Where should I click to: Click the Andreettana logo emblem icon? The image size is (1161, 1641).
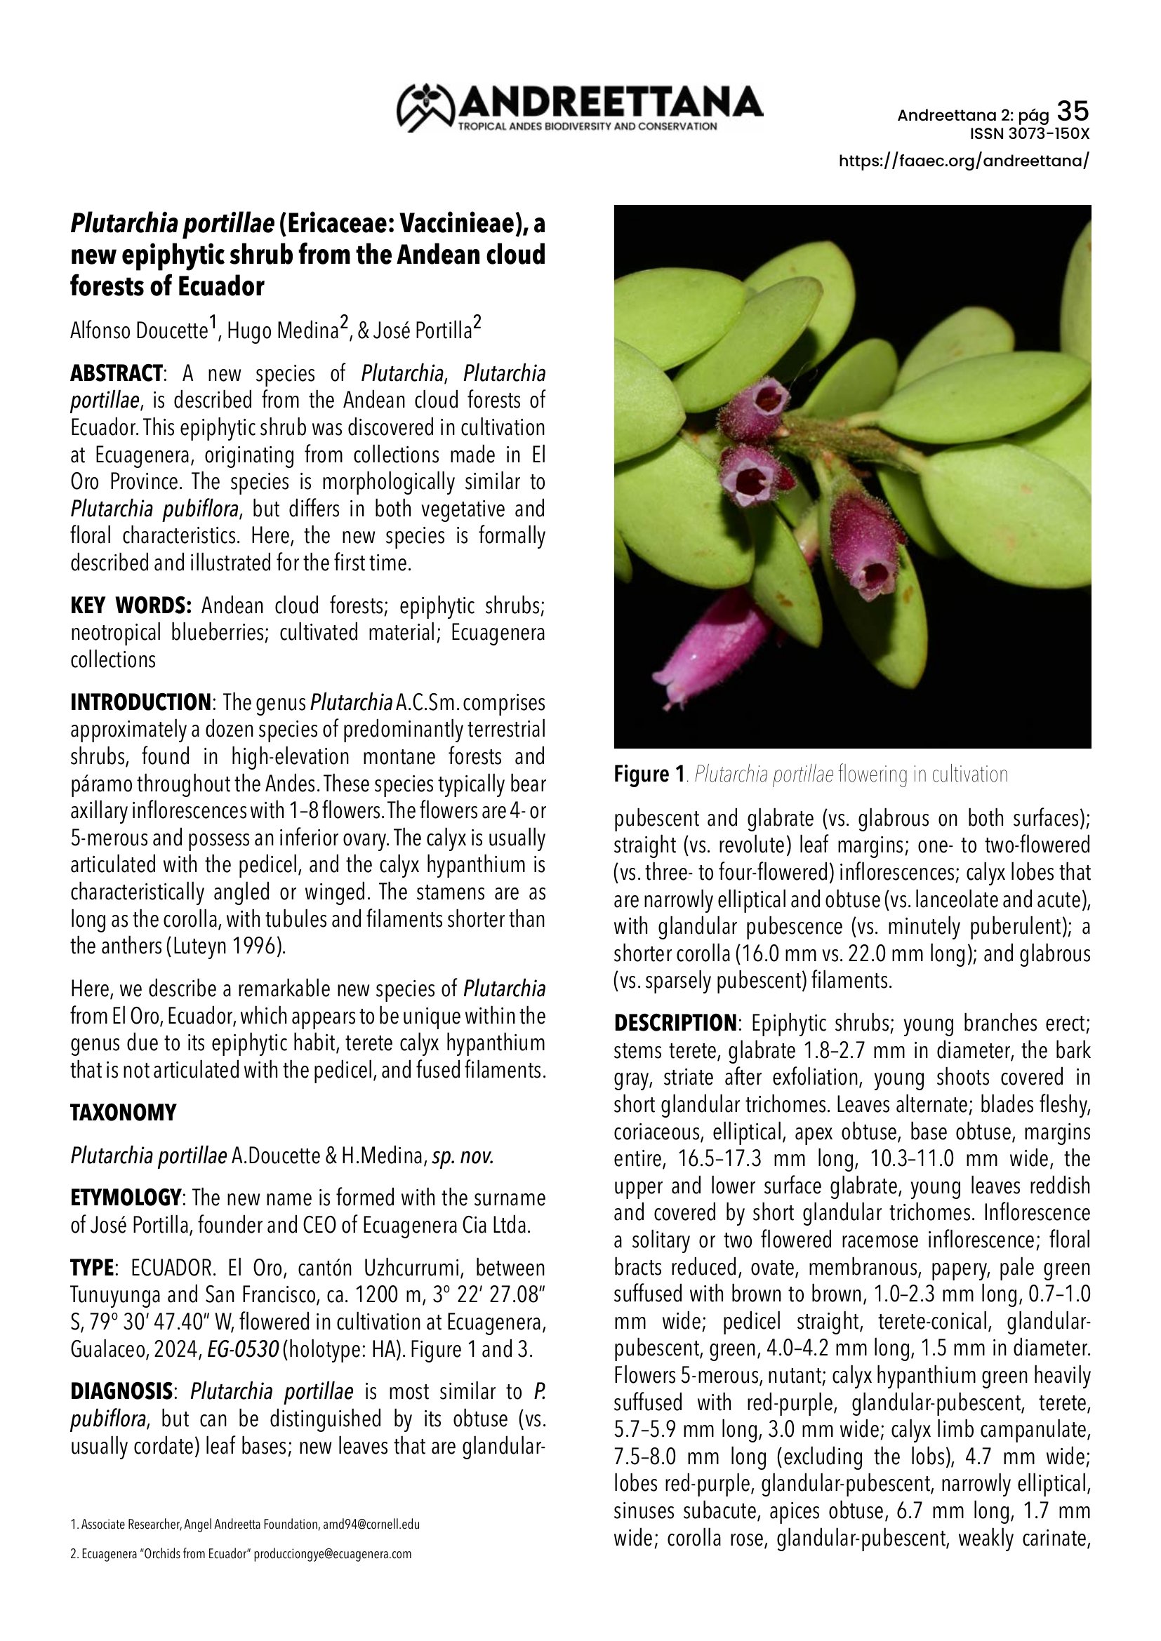click(x=426, y=107)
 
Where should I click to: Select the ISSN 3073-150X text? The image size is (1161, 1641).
click(x=1030, y=134)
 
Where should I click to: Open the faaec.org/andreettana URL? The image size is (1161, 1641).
click(x=964, y=161)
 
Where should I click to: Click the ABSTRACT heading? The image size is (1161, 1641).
click(x=116, y=373)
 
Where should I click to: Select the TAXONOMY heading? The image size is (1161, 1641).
click(x=123, y=1113)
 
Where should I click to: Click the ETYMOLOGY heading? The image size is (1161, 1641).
click(x=125, y=1197)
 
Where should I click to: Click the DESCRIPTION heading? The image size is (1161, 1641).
click(x=675, y=1023)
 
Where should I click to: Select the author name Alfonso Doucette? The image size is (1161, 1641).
click(x=139, y=331)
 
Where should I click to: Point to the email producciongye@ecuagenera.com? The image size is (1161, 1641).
click(x=333, y=1554)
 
